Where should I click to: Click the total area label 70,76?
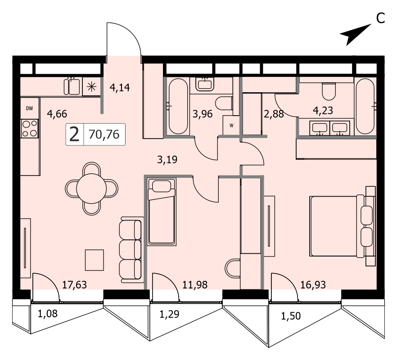coord(104,135)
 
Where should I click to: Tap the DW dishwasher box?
coord(30,108)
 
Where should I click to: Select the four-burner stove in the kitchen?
coord(30,129)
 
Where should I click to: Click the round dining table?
coord(91,189)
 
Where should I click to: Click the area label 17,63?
coord(74,285)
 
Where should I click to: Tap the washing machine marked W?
coord(231,125)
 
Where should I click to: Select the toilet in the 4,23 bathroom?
coord(329,91)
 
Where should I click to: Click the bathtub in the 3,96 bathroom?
coord(178,106)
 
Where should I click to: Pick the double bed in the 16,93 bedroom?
coord(342,226)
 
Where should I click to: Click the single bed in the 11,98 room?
coord(162,211)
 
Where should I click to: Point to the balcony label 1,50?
coord(291,316)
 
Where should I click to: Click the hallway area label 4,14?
coord(120,88)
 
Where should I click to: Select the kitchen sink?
coord(72,86)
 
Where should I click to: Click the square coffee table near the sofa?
coord(95,260)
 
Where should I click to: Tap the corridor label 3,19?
coord(167,159)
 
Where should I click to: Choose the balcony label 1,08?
coord(48,314)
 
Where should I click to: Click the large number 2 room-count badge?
coord(74,135)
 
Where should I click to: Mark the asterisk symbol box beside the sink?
coord(92,87)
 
